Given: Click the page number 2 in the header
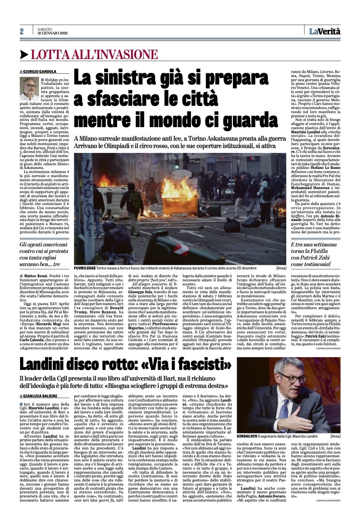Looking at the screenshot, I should point(21,32).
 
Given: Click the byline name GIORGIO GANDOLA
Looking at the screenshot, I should point(43,72).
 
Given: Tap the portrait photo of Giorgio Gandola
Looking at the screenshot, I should point(29,89).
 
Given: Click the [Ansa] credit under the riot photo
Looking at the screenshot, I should point(281,267).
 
